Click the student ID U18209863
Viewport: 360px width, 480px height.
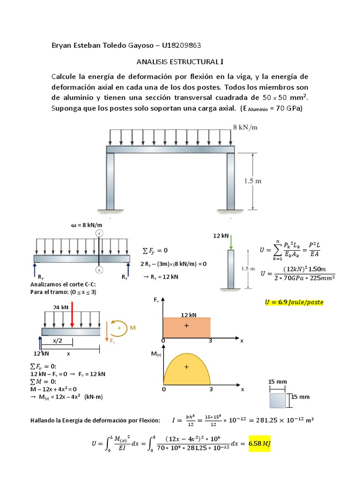point(181,45)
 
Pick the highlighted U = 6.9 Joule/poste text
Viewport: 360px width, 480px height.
point(294,302)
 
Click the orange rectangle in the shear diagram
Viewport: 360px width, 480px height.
point(186,328)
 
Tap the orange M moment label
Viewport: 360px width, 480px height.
point(133,328)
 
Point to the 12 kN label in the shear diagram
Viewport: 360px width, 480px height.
point(187,315)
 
